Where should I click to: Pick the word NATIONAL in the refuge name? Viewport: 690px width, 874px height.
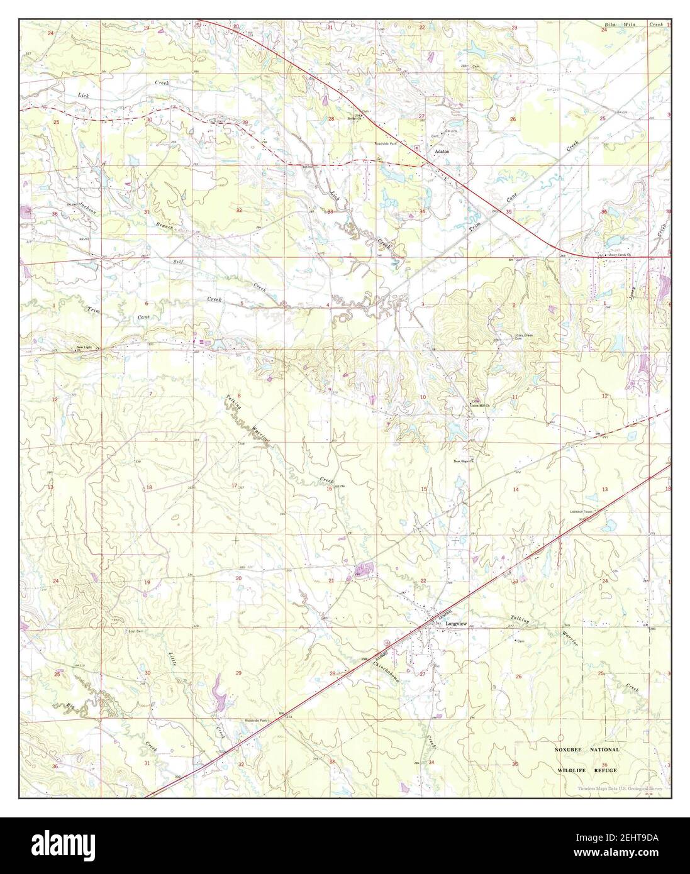[x=605, y=750]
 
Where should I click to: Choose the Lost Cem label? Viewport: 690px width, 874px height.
[x=136, y=631]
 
